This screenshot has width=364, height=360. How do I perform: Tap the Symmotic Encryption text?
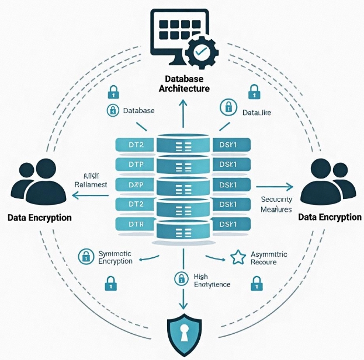pos(116,257)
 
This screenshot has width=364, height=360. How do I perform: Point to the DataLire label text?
pos(257,111)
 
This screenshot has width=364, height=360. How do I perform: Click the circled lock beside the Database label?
pos(111,110)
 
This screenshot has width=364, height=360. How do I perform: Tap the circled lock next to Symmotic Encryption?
pos(86,256)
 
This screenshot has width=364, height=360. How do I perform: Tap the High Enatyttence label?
pos(211,280)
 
